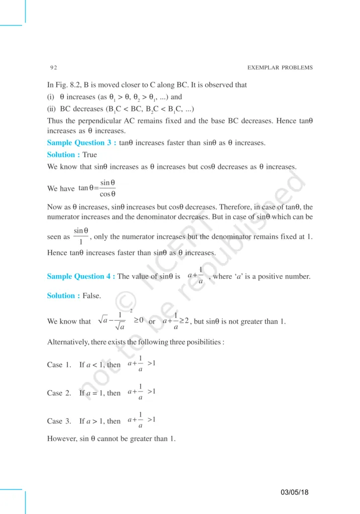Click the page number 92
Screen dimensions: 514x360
(x=53, y=68)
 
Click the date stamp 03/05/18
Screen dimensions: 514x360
(x=295, y=492)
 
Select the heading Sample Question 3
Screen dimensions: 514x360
(x=81, y=143)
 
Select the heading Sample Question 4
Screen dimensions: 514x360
(x=81, y=277)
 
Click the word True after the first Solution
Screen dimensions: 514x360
(x=90, y=155)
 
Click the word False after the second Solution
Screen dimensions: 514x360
(x=92, y=296)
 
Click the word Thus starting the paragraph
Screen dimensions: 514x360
(x=55, y=121)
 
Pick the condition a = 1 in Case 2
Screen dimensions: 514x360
(x=95, y=393)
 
